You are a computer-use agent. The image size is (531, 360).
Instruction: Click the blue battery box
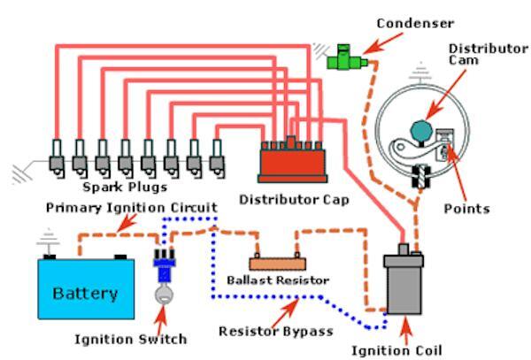(x=87, y=288)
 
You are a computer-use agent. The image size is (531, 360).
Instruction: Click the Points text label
(x=469, y=209)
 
